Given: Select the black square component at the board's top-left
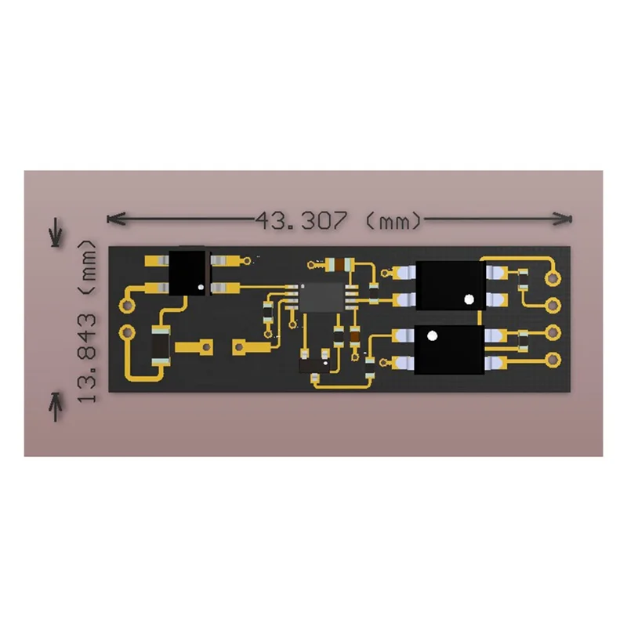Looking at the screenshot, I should (188, 271).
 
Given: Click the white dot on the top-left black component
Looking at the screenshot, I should (201, 288).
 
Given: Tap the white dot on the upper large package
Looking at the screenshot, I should (469, 299).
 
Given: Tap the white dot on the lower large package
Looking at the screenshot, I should (431, 336).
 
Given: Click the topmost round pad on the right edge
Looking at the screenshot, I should (554, 276).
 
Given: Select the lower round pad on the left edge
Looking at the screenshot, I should (125, 332).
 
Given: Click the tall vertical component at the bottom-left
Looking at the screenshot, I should (159, 345).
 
